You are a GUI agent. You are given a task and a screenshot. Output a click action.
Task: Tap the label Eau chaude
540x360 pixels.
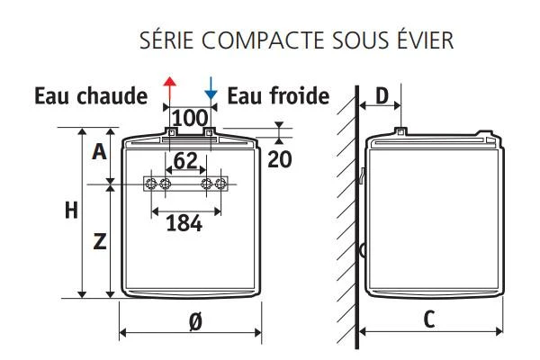91,95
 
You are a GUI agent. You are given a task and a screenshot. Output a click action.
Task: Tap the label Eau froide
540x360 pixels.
278,95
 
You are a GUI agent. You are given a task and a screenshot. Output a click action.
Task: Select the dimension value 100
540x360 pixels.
190,118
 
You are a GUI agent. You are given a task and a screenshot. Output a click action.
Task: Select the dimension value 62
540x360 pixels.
185,162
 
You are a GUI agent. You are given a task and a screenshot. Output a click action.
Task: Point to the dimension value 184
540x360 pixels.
184,223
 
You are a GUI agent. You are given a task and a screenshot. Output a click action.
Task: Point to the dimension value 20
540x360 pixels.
281,158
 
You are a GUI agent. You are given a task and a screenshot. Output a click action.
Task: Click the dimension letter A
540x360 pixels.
100,152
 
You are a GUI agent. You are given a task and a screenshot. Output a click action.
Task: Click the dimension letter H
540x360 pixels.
71,211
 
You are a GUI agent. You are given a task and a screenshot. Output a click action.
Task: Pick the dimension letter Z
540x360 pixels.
100,241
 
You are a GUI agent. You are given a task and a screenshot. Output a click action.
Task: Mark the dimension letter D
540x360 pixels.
382,94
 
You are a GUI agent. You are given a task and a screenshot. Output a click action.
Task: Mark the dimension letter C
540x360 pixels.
429,318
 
